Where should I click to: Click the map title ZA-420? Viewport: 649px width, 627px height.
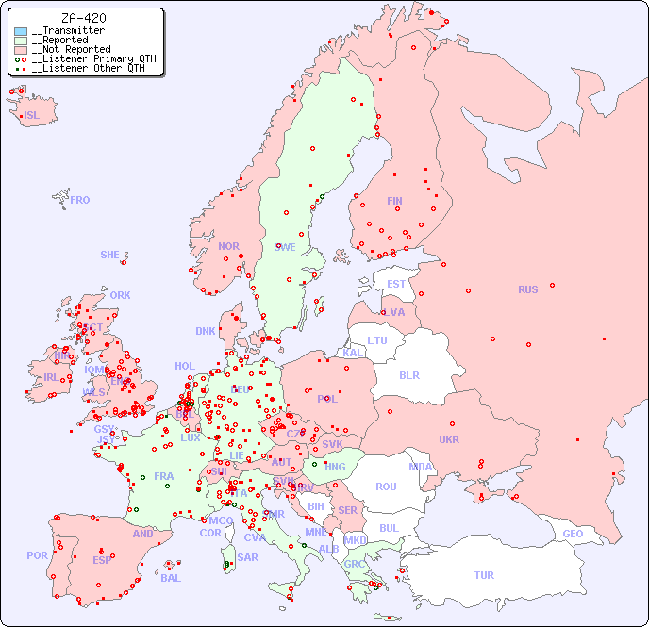point(83,18)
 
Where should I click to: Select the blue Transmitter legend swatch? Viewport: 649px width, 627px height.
point(21,31)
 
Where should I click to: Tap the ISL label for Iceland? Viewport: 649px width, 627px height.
point(32,116)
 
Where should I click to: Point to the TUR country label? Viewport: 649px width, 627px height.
point(484,575)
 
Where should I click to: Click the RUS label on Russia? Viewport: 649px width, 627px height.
point(527,289)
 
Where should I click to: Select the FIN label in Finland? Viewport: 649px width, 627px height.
point(394,201)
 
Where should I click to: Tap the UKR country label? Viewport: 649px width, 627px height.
point(448,439)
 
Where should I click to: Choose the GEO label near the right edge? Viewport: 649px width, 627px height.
point(573,534)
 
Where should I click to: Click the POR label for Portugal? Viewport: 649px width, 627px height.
point(37,555)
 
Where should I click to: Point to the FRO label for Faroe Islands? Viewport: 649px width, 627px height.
point(80,200)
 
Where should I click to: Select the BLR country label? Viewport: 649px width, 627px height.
point(408,374)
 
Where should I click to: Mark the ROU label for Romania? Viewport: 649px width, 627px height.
point(386,487)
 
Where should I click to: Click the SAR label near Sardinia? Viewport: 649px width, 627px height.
point(247,557)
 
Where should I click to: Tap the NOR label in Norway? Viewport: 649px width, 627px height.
point(228,246)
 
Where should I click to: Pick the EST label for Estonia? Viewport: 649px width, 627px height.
point(396,284)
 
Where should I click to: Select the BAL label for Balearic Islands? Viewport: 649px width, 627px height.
point(171,578)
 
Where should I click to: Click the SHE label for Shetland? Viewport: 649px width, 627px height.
point(110,255)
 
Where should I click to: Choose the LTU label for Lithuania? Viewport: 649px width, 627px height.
point(377,340)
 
